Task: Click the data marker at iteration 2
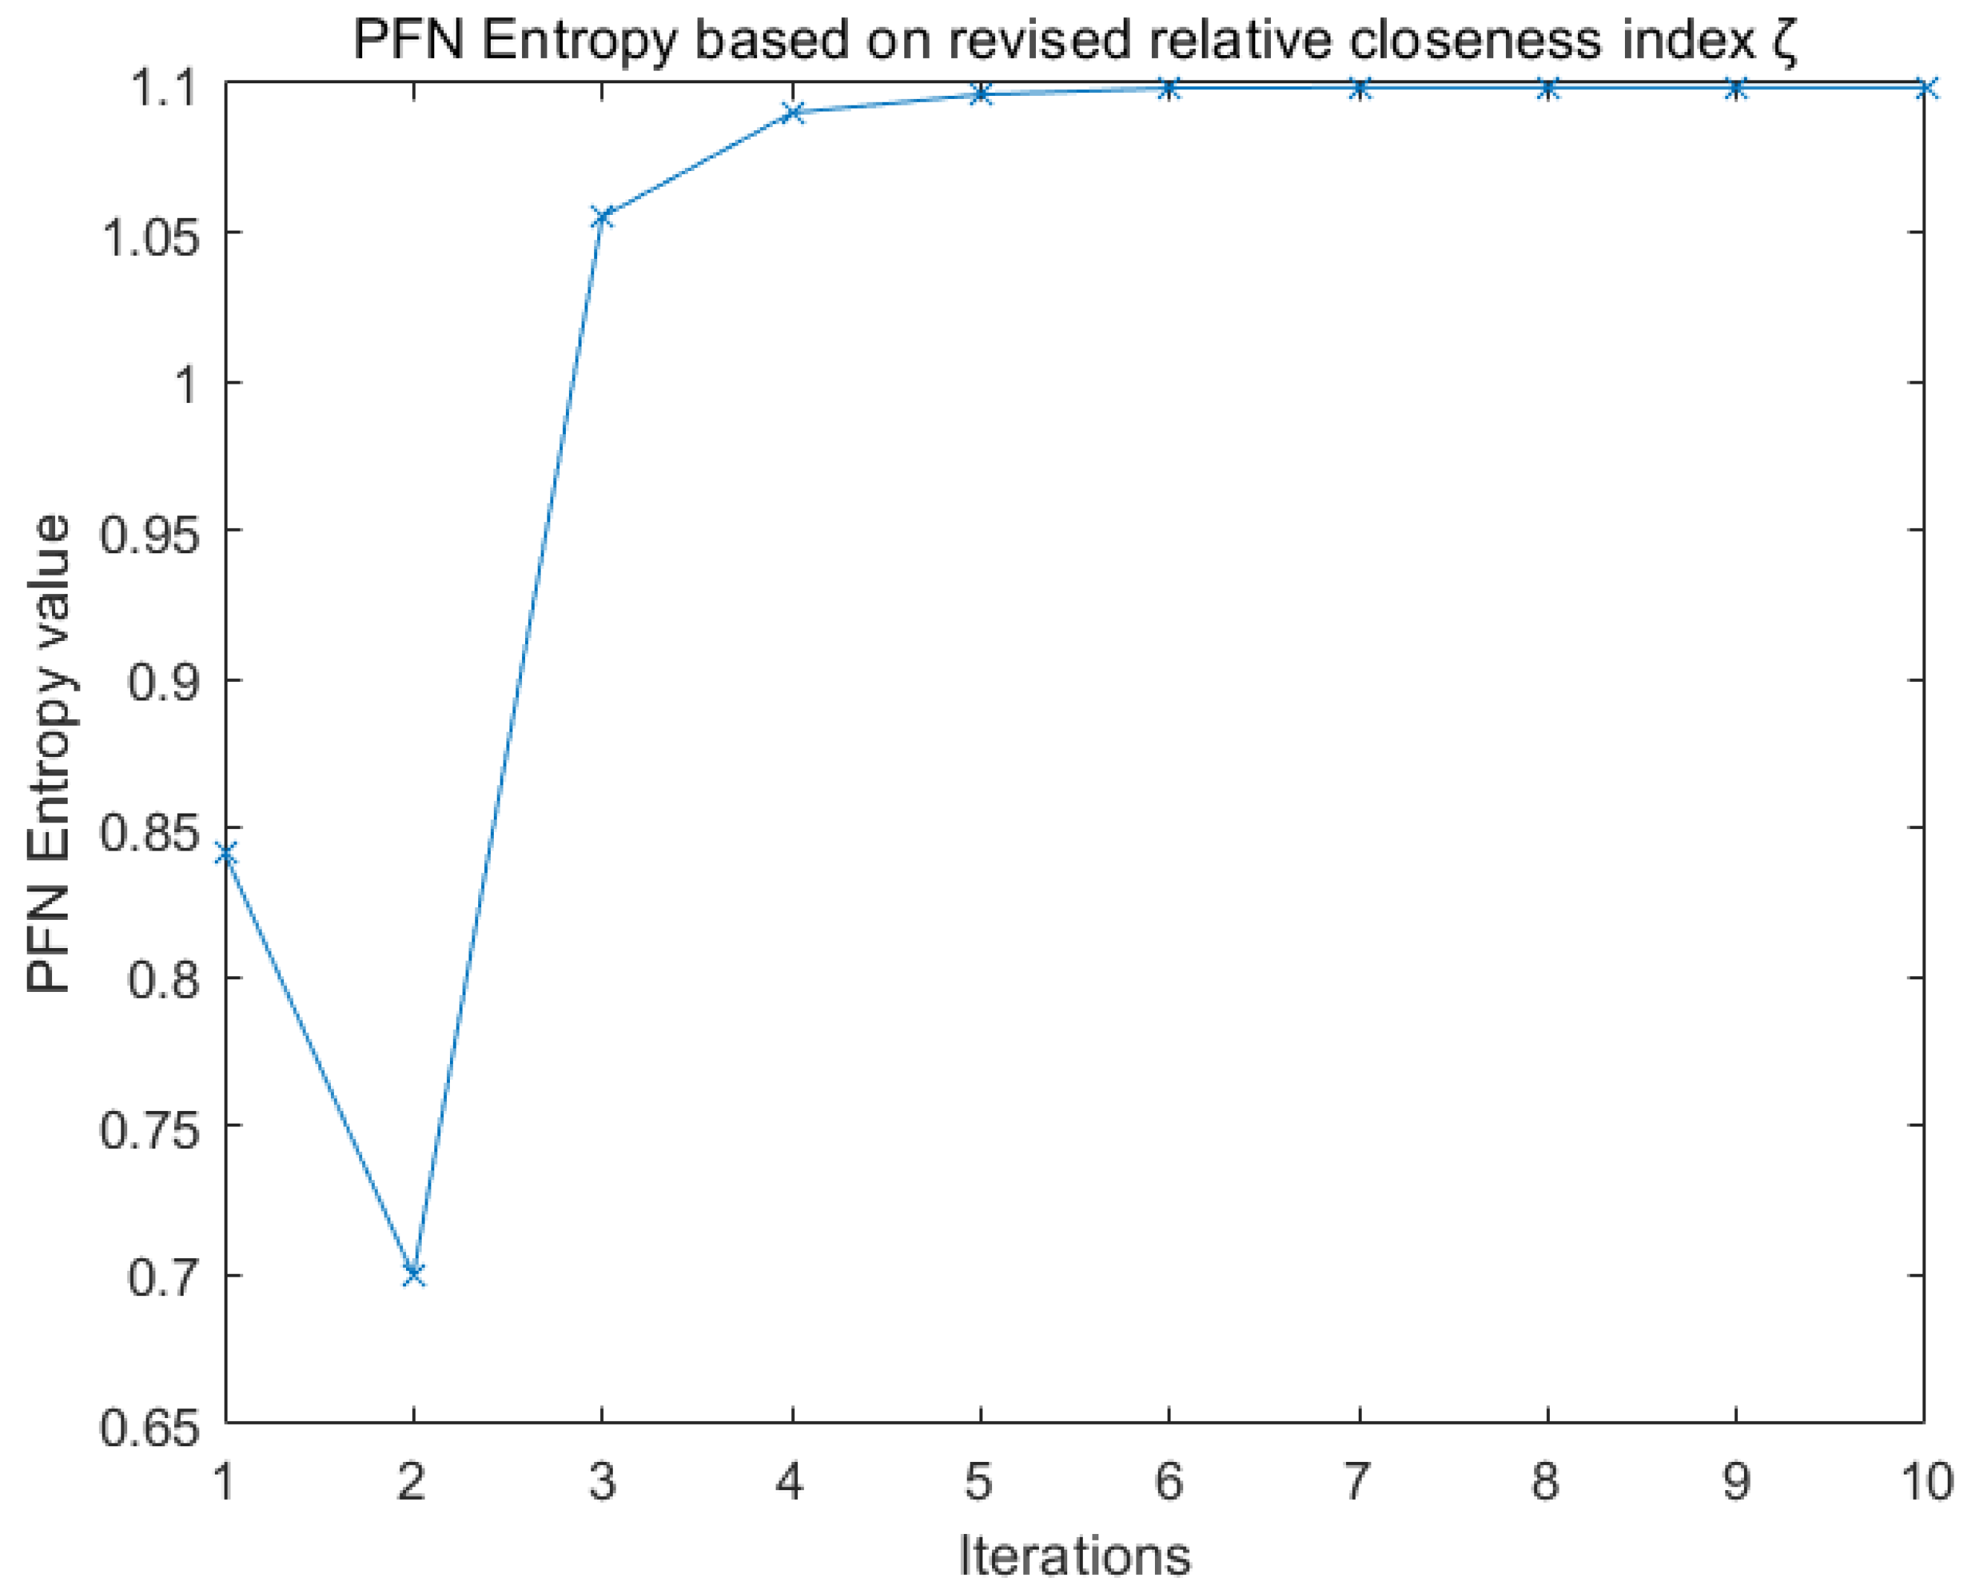pyautogui.click(x=413, y=1275)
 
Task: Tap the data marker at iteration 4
pyautogui.click(x=792, y=113)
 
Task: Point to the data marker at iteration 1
pyautogui.click(x=226, y=854)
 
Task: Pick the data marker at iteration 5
pyautogui.click(x=980, y=94)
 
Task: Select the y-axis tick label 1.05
pyautogui.click(x=149, y=239)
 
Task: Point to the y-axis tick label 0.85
pyautogui.click(x=149, y=834)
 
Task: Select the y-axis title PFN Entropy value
pyautogui.click(x=48, y=753)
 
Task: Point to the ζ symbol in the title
pyautogui.click(x=1783, y=42)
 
